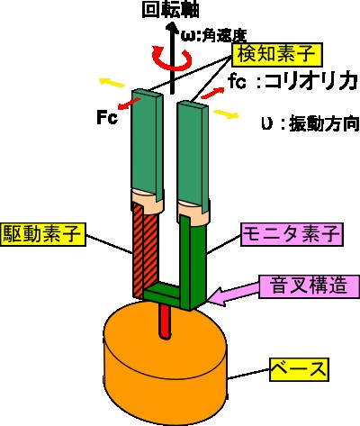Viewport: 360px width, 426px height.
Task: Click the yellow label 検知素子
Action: [277, 55]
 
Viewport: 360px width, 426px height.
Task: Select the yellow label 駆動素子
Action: [43, 234]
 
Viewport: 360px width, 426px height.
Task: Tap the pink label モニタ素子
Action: [292, 234]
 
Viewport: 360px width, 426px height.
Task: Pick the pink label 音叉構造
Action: [309, 286]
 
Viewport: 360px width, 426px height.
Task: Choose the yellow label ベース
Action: [299, 369]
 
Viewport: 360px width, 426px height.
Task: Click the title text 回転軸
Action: [171, 10]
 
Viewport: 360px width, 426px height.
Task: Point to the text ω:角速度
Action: [213, 35]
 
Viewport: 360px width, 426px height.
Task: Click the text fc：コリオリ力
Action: [292, 81]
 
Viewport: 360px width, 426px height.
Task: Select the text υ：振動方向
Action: [310, 123]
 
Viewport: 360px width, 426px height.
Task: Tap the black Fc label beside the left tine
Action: [107, 117]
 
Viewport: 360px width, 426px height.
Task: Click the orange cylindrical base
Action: [166, 360]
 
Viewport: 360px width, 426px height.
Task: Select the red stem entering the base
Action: [165, 322]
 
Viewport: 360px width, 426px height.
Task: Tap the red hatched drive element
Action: [145, 249]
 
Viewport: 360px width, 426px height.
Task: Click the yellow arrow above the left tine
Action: [112, 82]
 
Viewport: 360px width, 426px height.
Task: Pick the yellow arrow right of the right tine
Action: [226, 114]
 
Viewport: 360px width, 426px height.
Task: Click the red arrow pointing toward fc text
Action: [212, 93]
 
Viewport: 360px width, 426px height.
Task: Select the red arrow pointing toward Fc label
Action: [130, 103]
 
